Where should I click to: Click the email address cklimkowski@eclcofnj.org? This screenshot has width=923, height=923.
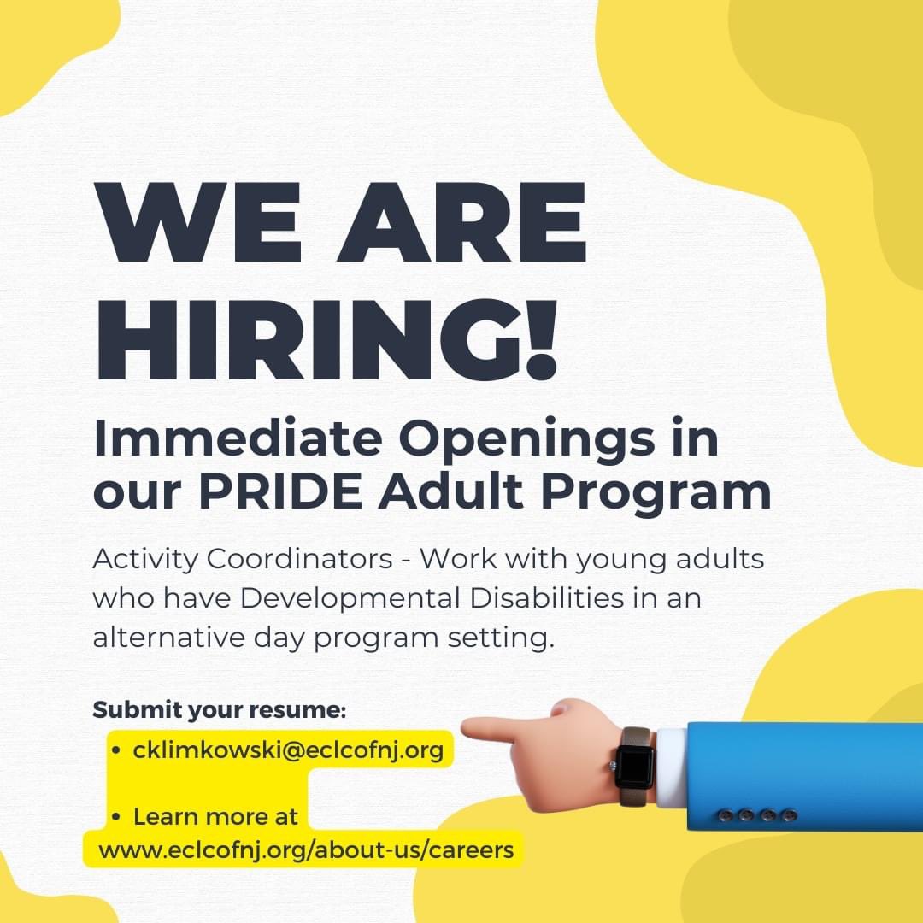(288, 750)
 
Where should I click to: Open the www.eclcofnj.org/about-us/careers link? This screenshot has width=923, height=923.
(306, 850)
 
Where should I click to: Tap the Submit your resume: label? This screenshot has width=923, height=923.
(219, 709)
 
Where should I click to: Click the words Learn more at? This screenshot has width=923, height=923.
(215, 816)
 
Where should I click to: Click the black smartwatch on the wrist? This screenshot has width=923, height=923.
(635, 766)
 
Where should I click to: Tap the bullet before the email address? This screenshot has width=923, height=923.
(115, 751)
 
